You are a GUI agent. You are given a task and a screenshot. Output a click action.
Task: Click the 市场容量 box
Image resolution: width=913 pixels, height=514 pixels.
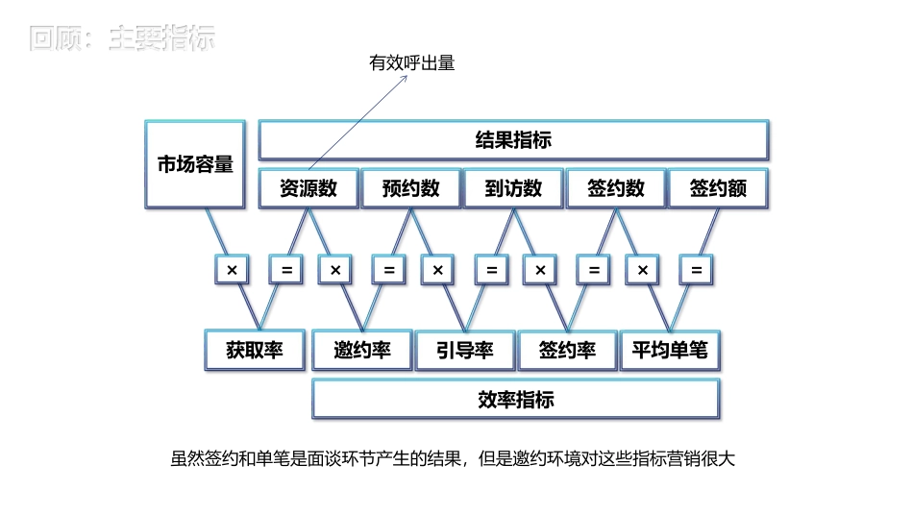tap(195, 163)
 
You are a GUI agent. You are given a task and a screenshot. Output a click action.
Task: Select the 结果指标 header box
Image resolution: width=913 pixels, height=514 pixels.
tap(513, 140)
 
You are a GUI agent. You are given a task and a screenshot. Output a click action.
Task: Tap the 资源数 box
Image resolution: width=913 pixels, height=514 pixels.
tap(308, 188)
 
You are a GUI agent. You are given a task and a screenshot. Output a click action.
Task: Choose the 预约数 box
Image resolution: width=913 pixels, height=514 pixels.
tap(410, 188)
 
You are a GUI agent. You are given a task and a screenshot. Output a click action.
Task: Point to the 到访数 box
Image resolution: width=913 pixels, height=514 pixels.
tap(513, 188)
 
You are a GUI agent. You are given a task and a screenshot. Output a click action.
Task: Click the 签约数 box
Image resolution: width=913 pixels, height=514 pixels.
tap(615, 188)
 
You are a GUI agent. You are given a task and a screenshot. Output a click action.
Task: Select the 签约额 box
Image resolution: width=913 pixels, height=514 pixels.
tap(718, 188)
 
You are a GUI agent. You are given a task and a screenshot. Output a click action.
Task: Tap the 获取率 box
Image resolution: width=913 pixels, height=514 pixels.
tap(255, 351)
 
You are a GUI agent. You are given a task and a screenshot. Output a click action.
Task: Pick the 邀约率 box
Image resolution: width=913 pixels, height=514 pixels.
tap(361, 351)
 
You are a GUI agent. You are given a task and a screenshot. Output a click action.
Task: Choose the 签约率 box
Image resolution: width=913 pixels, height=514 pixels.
tap(567, 351)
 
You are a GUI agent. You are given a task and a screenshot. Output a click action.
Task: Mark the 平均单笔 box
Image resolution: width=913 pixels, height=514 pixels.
tap(669, 351)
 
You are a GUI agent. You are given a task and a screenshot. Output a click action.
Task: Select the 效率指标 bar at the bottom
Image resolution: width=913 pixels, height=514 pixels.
tap(515, 400)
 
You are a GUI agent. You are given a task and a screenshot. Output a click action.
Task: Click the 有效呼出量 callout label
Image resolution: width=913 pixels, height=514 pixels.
tap(411, 63)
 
